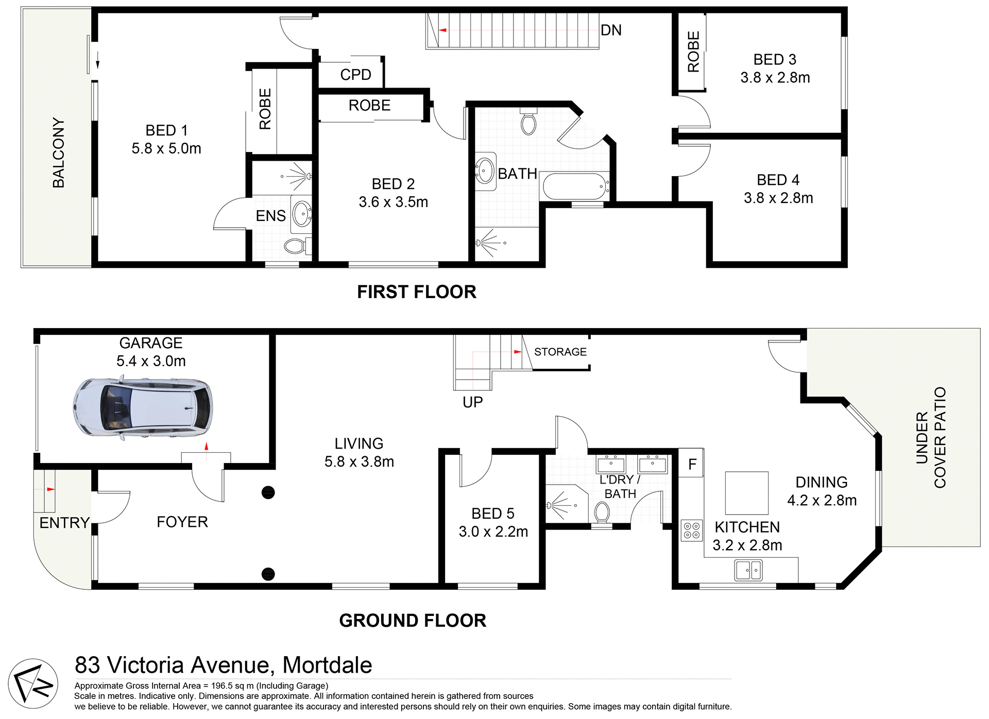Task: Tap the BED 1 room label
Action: (166, 130)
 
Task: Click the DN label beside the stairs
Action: (611, 30)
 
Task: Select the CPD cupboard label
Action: (355, 75)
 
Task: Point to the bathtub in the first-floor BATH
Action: (574, 186)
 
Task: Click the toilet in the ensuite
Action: (295, 247)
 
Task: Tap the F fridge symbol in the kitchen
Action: (692, 465)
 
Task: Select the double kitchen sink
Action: (748, 570)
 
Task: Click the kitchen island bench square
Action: (746, 493)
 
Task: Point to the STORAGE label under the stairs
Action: (560, 352)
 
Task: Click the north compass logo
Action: (33, 683)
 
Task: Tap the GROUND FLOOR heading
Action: (412, 621)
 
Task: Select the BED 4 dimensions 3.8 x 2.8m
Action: (778, 198)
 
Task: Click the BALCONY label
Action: (59, 152)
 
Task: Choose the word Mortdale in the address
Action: (327, 665)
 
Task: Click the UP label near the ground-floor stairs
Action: (472, 402)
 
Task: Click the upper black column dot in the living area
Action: (268, 492)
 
